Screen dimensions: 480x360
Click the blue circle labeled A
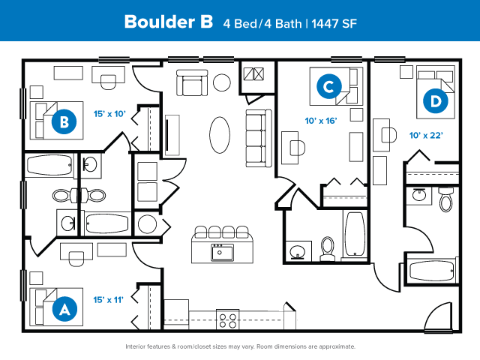coord(64,309)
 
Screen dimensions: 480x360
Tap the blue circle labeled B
coord(64,121)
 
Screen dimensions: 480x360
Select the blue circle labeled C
coord(329,86)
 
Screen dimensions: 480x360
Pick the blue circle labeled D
coord(435,100)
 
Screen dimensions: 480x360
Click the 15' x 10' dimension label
coord(109,114)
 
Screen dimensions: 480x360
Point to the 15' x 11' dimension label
coord(108,300)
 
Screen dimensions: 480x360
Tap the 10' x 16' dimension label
coord(321,121)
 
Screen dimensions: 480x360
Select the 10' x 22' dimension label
coord(426,135)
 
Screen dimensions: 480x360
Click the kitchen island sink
coord(222,253)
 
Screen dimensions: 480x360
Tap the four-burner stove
coord(228,319)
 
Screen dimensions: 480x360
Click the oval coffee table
coord(220,135)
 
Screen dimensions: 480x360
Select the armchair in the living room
coord(192,82)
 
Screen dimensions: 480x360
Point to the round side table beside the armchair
coord(222,82)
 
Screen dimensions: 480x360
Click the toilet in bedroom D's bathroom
coord(446,199)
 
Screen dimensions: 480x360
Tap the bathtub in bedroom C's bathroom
coord(355,234)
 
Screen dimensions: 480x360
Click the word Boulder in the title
coord(159,22)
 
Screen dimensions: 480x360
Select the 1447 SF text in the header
coord(334,23)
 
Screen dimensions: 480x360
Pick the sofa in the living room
coord(259,138)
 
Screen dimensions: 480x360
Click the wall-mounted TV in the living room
coord(167,135)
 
